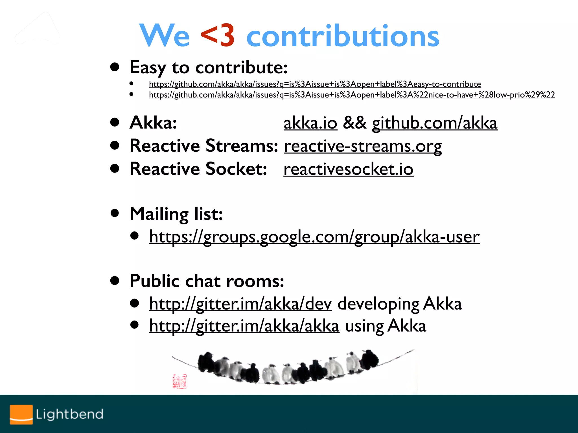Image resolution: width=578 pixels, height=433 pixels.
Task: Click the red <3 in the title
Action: coord(217,36)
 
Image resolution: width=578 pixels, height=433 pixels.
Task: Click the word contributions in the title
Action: coord(343,36)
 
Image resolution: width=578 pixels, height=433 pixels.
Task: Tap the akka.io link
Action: coord(310,123)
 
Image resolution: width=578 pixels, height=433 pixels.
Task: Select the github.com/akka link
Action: coord(435,123)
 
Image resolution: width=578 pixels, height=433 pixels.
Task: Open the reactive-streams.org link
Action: coord(363,146)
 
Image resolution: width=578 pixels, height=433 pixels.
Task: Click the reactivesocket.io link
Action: coord(348,169)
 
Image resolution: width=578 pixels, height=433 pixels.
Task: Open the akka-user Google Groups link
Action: coord(314,237)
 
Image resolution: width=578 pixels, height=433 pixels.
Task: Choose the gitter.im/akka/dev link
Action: coord(240,304)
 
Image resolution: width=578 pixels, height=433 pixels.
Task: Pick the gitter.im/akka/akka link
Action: coord(244,326)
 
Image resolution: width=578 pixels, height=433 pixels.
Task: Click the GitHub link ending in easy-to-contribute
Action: coord(315,84)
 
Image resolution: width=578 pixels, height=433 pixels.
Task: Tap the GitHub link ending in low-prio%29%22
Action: coord(352,95)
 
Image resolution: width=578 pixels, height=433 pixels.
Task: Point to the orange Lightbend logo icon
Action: coord(21,414)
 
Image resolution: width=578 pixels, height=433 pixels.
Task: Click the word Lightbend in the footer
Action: coord(69,414)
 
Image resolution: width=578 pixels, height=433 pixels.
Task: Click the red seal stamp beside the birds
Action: coord(180,381)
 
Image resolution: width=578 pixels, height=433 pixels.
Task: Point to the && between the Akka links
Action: coord(354,123)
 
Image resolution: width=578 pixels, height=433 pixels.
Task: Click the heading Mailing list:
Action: coord(176,214)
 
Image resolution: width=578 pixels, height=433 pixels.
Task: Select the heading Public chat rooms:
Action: coord(207,281)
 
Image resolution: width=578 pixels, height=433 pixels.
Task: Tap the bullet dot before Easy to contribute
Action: coord(115,67)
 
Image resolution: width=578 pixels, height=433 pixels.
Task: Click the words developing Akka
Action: coord(399,304)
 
